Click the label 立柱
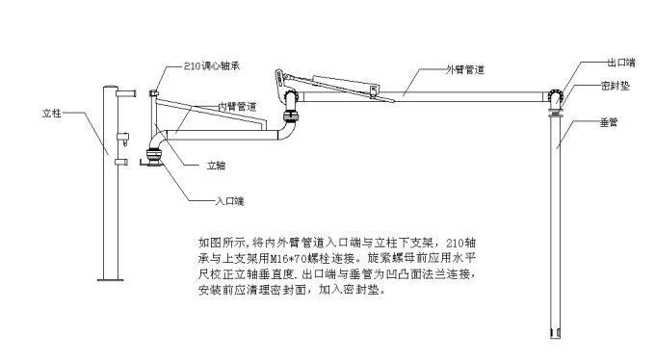tap(51, 114)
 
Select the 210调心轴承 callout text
tap(212, 66)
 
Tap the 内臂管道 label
tap(237, 107)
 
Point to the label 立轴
tap(217, 166)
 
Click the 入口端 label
tap(229, 201)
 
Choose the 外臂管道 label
tap(465, 69)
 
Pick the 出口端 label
tap(621, 63)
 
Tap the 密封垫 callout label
tap(616, 86)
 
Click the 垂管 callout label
tap(609, 122)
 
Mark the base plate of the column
tap(110, 279)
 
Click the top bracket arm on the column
tap(126, 92)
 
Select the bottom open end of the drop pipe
tap(555, 334)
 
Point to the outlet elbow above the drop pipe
tap(554, 98)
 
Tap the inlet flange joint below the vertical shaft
tap(153, 157)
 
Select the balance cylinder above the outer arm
tap(346, 83)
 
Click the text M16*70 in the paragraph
tap(288, 259)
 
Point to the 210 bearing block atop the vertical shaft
tap(154, 93)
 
